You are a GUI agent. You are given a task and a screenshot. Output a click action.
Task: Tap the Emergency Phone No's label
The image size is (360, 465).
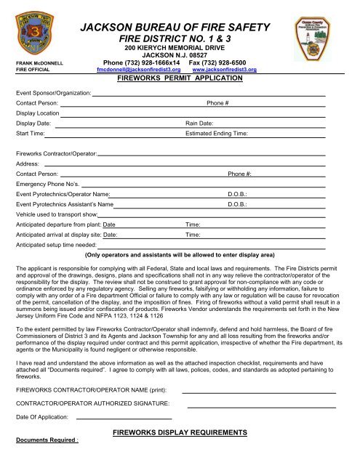(x=46, y=185)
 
